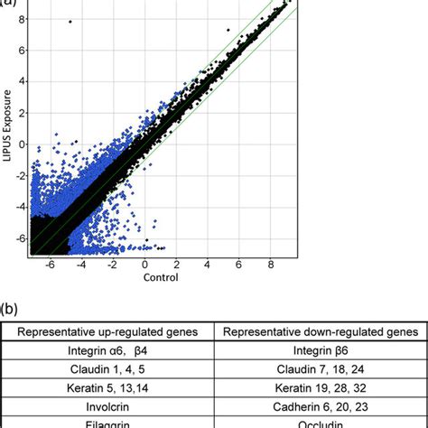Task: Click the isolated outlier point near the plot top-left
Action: pos(70,21)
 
